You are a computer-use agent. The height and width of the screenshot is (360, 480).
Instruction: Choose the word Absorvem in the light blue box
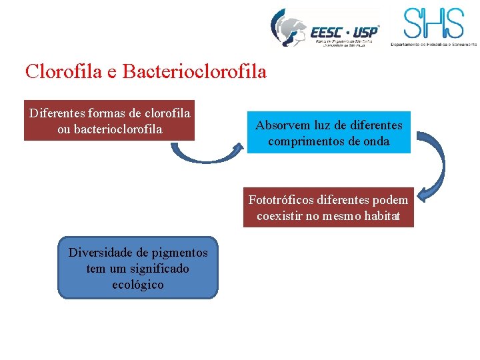coord(281,125)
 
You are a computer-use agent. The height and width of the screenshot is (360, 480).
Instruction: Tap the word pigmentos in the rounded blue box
coord(179,253)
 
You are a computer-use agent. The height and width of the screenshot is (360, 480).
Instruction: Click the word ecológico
coord(138,285)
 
